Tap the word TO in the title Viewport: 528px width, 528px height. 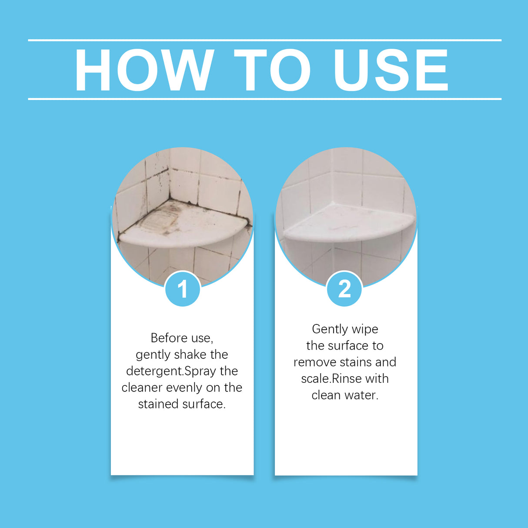point(272,70)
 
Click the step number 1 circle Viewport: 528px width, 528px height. point(183,289)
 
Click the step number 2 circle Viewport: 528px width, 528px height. point(344,289)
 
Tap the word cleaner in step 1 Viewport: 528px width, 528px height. point(142,388)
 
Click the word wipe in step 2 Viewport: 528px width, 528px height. point(365,329)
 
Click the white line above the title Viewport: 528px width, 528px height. point(264,40)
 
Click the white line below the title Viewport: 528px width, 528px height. point(264,99)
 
